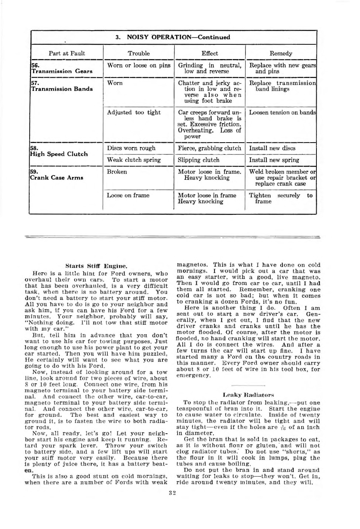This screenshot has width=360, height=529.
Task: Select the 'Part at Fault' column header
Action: pyautogui.click(x=67, y=53)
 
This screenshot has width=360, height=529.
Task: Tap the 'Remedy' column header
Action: pyautogui.click(x=281, y=53)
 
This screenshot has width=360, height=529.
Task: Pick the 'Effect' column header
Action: pyautogui.click(x=210, y=53)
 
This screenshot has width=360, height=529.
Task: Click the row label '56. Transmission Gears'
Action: pyautogui.click(x=62, y=68)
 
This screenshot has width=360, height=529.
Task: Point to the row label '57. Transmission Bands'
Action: pyautogui.click(x=62, y=86)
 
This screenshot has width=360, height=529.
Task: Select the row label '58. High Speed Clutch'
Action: pyautogui.click(x=59, y=151)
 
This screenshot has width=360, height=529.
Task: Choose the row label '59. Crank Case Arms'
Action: pyautogui.click(x=57, y=175)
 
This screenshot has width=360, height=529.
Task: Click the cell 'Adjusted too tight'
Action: pyautogui.click(x=134, y=112)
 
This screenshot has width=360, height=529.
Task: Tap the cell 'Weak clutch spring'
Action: pyautogui.click(x=134, y=160)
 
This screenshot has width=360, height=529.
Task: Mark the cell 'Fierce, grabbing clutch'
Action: pyautogui.click(x=209, y=148)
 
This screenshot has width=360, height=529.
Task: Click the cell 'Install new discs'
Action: pyautogui.click(x=272, y=148)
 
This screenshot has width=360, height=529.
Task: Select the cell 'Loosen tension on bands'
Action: pyautogui.click(x=282, y=112)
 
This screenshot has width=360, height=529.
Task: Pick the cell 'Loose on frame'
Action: pyautogui.click(x=128, y=195)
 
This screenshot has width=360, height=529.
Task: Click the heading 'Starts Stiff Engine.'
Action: pyautogui.click(x=96, y=266)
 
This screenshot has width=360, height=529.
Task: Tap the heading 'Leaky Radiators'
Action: pyautogui.click(x=248, y=395)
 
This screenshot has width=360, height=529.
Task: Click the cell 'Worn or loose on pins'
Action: pyautogui.click(x=139, y=65)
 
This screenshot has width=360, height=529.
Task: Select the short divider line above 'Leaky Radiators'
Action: pyautogui.click(x=248, y=385)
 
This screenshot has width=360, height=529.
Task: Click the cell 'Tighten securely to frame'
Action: pyautogui.click(x=281, y=198)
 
